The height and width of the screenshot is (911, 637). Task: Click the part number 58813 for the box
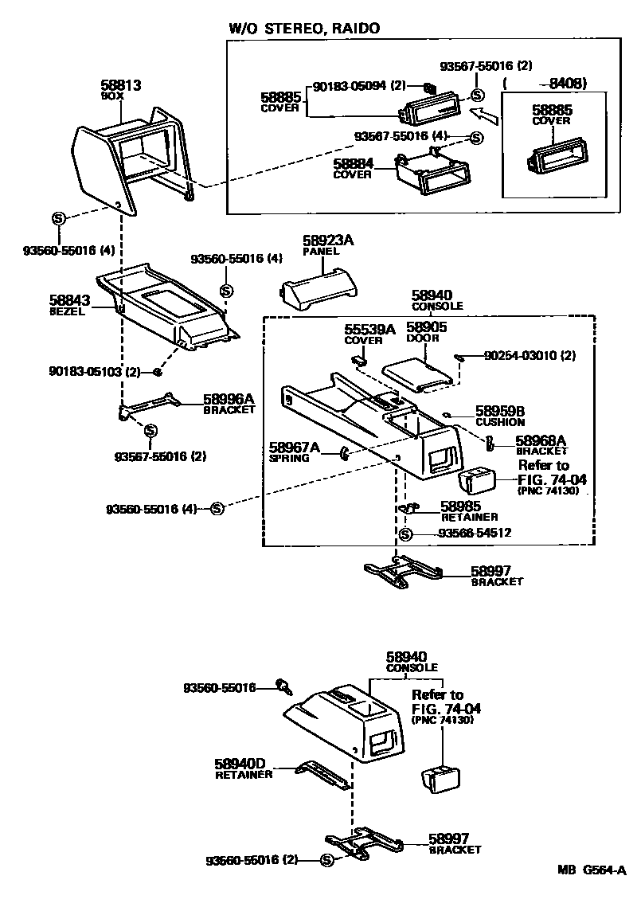[x=118, y=84]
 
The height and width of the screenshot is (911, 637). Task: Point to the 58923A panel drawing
[x=315, y=288]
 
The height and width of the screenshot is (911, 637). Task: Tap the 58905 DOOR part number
[x=426, y=328]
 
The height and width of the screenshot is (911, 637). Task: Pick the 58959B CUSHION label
[x=500, y=416]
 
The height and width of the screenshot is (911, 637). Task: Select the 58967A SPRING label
[x=293, y=452]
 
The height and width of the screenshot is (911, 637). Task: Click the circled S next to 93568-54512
[x=405, y=534]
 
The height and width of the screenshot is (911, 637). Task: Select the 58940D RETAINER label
[x=243, y=767]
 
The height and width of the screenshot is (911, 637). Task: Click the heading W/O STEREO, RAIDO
[x=304, y=28]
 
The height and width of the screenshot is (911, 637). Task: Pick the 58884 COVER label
[x=353, y=168]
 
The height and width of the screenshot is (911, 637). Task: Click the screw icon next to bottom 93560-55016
[x=282, y=684]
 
